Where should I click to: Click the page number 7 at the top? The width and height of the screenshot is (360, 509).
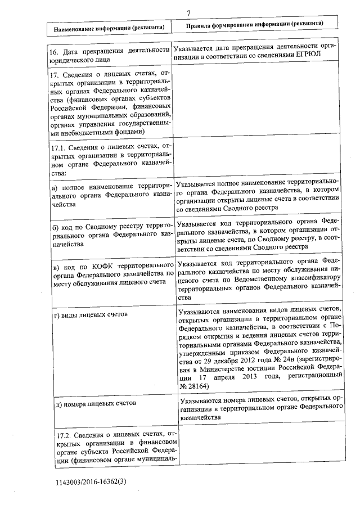(189, 13)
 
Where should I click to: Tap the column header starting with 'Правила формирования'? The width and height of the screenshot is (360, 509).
(254, 25)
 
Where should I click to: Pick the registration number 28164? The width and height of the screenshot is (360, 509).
(196, 386)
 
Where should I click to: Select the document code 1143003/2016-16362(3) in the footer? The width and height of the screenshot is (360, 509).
(91, 482)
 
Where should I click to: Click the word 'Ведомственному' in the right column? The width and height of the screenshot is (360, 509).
(259, 277)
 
